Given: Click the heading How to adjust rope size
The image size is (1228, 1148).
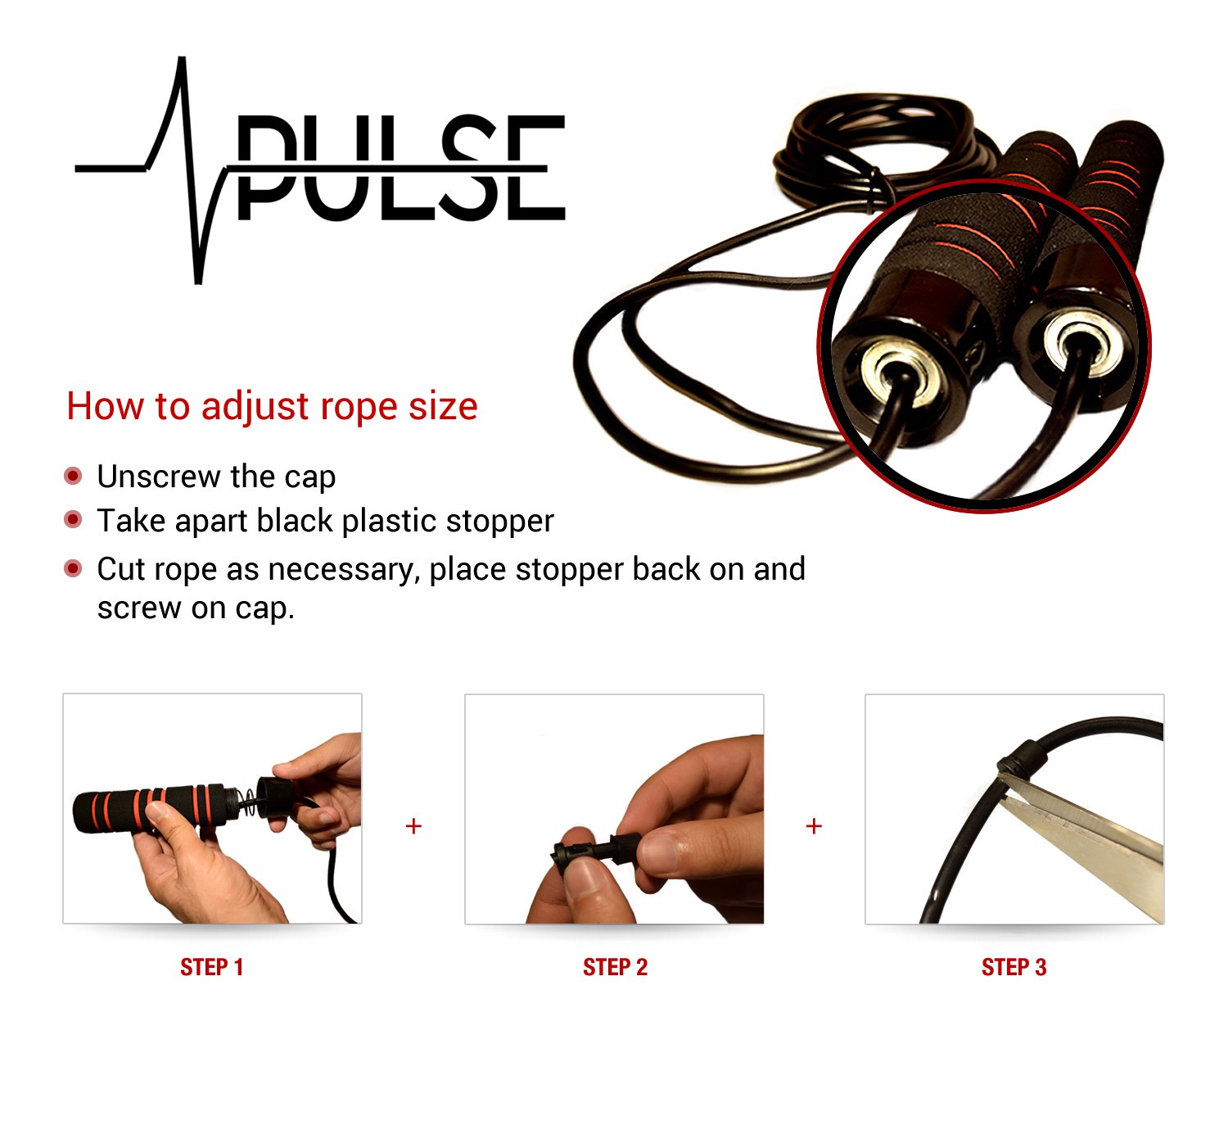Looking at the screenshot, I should click(x=272, y=406).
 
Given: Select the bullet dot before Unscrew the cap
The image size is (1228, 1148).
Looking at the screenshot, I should click(x=74, y=476).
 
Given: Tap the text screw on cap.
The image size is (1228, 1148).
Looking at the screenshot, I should click(x=195, y=608).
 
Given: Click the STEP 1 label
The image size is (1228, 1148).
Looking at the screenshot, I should click(x=211, y=967).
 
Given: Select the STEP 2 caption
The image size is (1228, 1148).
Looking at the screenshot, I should click(x=615, y=967).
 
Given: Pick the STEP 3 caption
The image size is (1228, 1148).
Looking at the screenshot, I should click(x=1014, y=967).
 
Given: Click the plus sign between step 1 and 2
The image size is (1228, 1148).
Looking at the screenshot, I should click(x=413, y=826).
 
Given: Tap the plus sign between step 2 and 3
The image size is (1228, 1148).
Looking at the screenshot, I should click(x=814, y=826).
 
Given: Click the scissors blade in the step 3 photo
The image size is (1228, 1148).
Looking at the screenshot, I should click(x=1089, y=835).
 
